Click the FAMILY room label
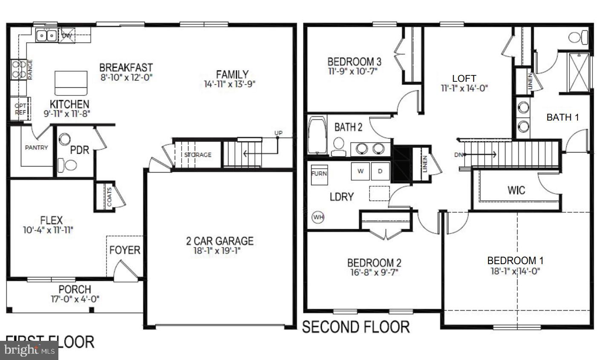pyautogui.click(x=231, y=75)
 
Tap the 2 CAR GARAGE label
pyautogui.click(x=220, y=241)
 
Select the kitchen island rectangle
pyautogui.click(x=71, y=83)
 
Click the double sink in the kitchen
pyautogui.click(x=46, y=36)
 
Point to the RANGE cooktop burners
pyautogui.click(x=18, y=69)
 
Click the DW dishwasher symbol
pyautogui.click(x=67, y=36)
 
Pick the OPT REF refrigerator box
pyautogui.click(x=20, y=109)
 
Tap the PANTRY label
pyautogui.click(x=36, y=148)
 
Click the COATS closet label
pyautogui.click(x=110, y=197)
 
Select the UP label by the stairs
pyautogui.click(x=278, y=133)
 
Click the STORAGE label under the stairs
pyautogui.click(x=198, y=155)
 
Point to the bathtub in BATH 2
pyautogui.click(x=316, y=135)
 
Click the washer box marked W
pyautogui.click(x=361, y=171)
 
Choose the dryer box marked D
pyautogui.click(x=380, y=171)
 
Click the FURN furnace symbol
pyautogui.click(x=319, y=174)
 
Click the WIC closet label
pyautogui.click(x=516, y=190)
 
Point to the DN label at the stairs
pyautogui.click(x=459, y=155)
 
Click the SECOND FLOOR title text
pyautogui.click(x=356, y=327)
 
